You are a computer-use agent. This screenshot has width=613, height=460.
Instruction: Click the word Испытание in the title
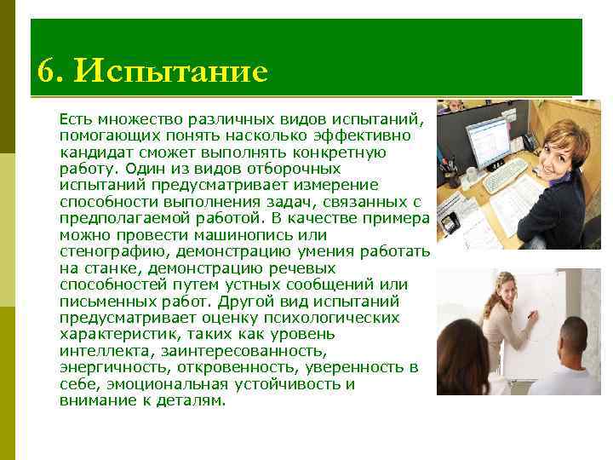(x=170, y=71)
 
